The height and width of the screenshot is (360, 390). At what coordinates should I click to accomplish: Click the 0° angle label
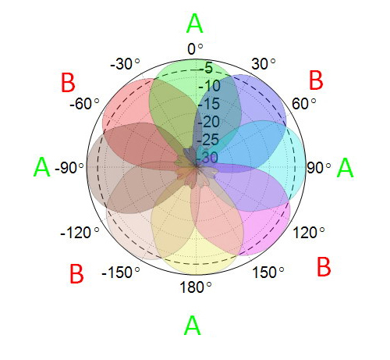click(x=195, y=49)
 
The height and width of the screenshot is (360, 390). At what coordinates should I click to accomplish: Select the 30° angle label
click(x=264, y=64)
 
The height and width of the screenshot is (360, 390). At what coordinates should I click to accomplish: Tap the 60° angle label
click(x=303, y=104)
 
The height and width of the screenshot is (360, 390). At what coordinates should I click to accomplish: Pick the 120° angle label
click(x=309, y=233)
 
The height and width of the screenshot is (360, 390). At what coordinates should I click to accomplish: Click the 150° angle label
click(x=268, y=273)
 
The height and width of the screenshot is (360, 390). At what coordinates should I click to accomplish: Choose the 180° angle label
click(x=196, y=287)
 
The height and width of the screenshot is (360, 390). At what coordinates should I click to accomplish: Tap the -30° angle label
click(x=125, y=64)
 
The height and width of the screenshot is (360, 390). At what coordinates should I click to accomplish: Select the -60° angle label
click(x=84, y=104)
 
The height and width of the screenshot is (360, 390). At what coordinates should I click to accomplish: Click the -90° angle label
click(x=69, y=168)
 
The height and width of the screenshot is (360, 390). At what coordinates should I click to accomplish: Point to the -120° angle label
click(x=80, y=233)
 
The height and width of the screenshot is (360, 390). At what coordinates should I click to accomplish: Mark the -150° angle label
click(x=121, y=273)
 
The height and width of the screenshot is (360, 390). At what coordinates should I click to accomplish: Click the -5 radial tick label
click(x=206, y=68)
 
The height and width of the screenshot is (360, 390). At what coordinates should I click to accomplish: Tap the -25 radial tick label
click(x=207, y=140)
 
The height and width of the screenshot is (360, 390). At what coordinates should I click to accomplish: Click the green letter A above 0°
click(x=195, y=23)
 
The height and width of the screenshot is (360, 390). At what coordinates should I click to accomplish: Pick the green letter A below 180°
click(x=193, y=325)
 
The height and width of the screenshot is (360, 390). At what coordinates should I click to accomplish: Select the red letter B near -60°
click(x=68, y=83)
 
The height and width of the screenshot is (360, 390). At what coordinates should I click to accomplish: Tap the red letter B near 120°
click(x=324, y=266)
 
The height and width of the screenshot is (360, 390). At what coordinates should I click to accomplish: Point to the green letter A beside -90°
click(x=42, y=167)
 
